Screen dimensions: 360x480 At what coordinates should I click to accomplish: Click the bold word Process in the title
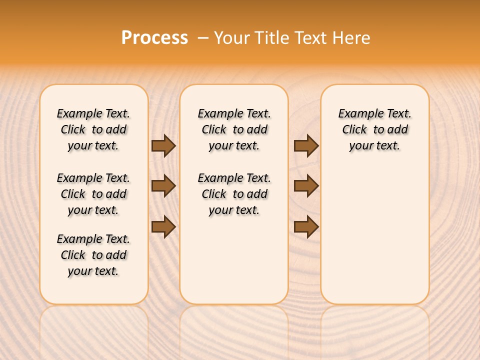coord(154,38)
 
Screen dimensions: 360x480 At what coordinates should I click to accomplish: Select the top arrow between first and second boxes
coord(163,145)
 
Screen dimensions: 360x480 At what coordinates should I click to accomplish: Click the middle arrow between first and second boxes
coord(163,186)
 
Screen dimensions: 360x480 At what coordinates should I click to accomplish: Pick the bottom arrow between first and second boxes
coord(163,227)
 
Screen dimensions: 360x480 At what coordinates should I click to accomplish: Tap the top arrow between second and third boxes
coord(306,145)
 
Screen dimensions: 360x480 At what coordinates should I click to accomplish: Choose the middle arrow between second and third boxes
coord(306,186)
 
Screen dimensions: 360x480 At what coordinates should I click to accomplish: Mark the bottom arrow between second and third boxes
coord(306,227)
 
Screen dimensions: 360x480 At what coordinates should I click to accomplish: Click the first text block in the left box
coord(93,129)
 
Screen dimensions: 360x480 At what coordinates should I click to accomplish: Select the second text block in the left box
coord(93,194)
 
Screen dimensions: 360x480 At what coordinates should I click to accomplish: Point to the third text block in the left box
coord(93,255)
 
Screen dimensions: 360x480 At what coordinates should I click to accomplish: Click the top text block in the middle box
coord(234,129)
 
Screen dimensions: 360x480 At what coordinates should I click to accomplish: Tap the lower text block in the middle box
coord(234,194)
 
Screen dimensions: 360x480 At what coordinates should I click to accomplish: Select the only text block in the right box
coord(374,129)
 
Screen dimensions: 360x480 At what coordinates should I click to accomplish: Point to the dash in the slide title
coord(203,38)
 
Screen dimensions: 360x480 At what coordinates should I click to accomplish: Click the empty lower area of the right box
coord(374,240)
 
